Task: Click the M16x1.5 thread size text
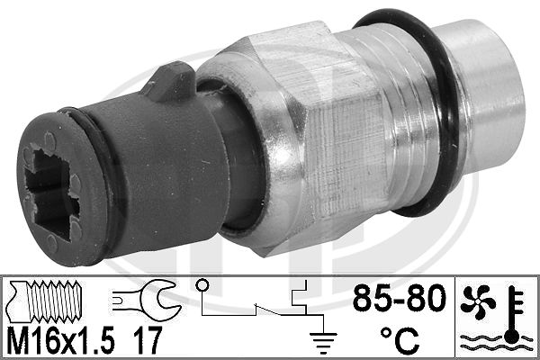click(x=60, y=340)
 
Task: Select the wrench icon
click(x=147, y=295)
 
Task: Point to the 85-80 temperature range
click(x=400, y=298)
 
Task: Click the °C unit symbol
click(x=400, y=339)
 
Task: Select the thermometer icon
click(x=514, y=314)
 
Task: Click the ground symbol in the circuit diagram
click(x=323, y=342)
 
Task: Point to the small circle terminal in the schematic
click(x=202, y=285)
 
